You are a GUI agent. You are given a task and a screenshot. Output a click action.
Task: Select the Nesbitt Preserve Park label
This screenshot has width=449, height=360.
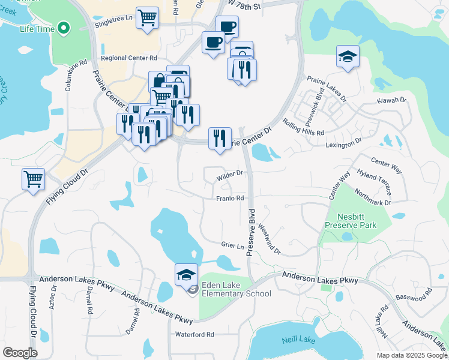351,220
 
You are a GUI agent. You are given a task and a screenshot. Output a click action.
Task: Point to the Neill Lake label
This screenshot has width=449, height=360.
298,340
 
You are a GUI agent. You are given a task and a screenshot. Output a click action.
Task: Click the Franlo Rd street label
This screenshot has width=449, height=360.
229,198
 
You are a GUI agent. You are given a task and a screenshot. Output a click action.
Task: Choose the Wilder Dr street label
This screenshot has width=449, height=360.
229,173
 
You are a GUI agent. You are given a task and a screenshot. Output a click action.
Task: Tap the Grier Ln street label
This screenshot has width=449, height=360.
232,246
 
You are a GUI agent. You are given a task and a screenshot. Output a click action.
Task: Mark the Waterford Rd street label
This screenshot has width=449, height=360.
194,334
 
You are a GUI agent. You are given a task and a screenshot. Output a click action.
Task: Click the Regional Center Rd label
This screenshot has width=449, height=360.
129,58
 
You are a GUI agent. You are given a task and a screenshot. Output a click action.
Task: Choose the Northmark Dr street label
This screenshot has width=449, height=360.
372,198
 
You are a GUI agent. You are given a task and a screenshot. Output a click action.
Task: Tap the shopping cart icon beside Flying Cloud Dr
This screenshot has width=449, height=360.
33,178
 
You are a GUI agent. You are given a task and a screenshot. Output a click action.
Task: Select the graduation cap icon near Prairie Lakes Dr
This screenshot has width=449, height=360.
348,56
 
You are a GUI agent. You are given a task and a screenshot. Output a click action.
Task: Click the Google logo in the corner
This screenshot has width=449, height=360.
20,353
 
